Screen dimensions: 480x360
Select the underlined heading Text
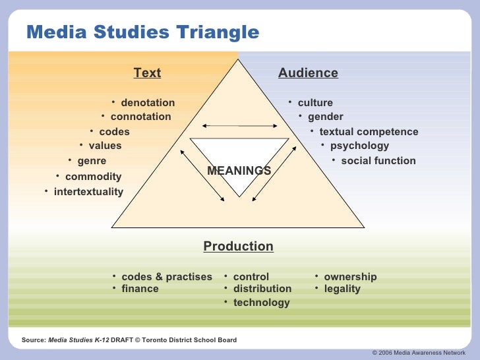pyautogui.click(x=147, y=73)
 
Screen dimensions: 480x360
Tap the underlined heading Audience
pyautogui.click(x=308, y=73)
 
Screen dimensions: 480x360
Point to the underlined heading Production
pyautogui.click(x=238, y=247)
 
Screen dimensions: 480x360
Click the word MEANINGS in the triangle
pyautogui.click(x=239, y=171)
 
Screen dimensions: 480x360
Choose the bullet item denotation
pyautogui.click(x=148, y=103)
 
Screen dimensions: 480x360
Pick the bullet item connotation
pyautogui.click(x=140, y=117)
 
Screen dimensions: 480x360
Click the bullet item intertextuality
pyautogui.click(x=88, y=192)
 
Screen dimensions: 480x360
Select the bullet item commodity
pyautogui.click(x=93, y=177)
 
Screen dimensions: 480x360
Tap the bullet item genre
pyautogui.click(x=92, y=161)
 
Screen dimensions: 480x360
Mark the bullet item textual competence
pyautogui.click(x=369, y=132)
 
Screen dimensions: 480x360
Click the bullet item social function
pyautogui.click(x=378, y=161)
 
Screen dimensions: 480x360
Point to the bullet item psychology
pyautogui.click(x=359, y=146)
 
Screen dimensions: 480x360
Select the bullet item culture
pyautogui.click(x=315, y=103)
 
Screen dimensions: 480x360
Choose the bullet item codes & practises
pyautogui.click(x=167, y=277)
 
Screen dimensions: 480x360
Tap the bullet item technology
pyautogui.click(x=261, y=303)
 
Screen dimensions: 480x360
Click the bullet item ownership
pyautogui.click(x=350, y=277)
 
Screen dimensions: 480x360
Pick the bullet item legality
pyautogui.click(x=342, y=289)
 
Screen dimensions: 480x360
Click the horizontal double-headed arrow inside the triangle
pyautogui.click(x=239, y=125)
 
